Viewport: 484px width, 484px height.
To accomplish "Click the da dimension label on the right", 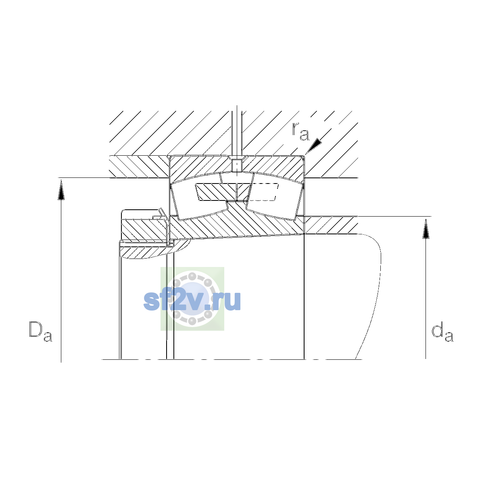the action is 442,332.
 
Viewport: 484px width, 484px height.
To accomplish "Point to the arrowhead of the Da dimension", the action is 61,191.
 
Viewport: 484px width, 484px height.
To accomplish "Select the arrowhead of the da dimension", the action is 426,229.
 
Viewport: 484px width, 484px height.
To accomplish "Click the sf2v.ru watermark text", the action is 192,301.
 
